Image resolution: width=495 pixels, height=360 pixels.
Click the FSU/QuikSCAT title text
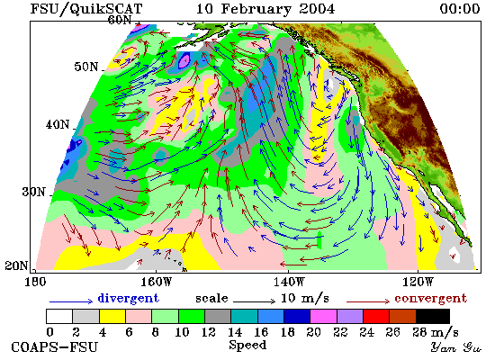[86, 9]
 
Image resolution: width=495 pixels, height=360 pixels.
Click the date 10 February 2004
[265, 9]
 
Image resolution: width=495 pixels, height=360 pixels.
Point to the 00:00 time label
[460, 9]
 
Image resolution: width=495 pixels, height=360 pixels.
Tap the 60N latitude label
[120, 20]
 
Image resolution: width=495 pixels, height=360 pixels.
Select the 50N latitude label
[86, 67]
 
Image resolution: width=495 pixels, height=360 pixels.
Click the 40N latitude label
[58, 125]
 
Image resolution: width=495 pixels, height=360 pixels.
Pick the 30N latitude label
[34, 192]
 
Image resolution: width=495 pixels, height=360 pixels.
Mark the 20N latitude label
[16, 265]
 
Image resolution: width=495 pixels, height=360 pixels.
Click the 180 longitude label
[35, 282]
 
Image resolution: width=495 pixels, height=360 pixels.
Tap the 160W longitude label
[156, 282]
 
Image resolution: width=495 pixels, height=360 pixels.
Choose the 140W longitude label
[289, 282]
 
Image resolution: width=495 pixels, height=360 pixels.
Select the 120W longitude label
[418, 282]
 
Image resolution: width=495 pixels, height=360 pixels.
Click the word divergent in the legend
[129, 298]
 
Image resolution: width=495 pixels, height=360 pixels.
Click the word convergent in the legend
[430, 299]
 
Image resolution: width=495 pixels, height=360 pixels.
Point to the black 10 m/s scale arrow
[254, 301]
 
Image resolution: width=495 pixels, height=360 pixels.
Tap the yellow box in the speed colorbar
[112, 317]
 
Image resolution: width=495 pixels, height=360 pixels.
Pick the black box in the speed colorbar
[433, 317]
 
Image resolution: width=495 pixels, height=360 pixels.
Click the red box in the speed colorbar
[376, 317]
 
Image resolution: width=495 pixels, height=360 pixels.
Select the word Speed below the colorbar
[247, 346]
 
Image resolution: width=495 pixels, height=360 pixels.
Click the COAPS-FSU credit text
[54, 347]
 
